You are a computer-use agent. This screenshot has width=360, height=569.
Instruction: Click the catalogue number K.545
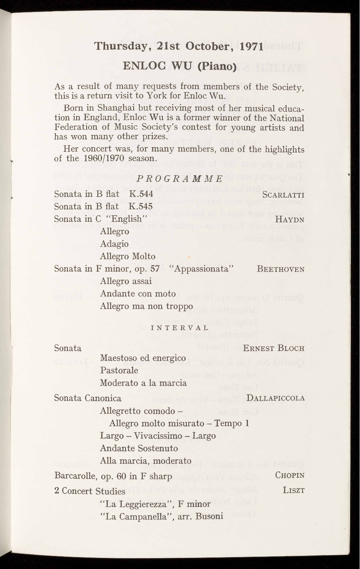click(x=141, y=206)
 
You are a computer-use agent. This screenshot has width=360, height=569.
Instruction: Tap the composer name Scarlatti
click(x=283, y=194)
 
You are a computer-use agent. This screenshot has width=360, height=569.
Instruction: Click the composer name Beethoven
click(x=280, y=269)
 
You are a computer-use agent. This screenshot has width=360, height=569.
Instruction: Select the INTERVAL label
click(x=180, y=327)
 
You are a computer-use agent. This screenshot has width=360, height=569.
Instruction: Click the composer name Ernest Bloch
click(x=274, y=348)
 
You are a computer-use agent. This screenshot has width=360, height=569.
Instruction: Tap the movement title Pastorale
click(x=119, y=370)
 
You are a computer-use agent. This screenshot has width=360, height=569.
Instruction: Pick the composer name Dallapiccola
click(x=276, y=398)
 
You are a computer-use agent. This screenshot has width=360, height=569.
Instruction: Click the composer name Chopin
click(x=290, y=475)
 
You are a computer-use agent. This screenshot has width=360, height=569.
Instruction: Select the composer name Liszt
click(x=293, y=490)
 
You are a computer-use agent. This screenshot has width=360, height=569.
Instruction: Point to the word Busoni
click(x=209, y=516)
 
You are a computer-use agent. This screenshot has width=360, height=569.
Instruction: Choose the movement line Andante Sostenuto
click(x=139, y=448)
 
